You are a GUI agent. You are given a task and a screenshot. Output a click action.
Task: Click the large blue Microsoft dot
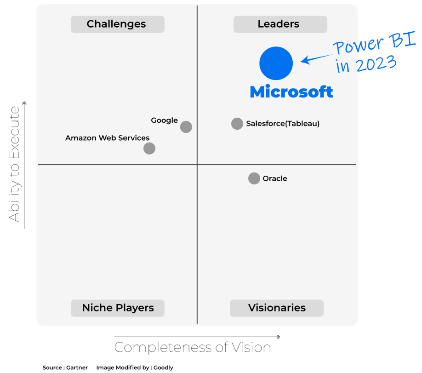(x=276, y=63)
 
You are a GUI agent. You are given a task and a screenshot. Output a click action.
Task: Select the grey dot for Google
(x=186, y=127)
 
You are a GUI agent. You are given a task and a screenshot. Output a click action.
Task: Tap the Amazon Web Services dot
(x=149, y=149)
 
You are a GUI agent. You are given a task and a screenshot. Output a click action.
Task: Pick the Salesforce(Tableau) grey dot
(x=237, y=124)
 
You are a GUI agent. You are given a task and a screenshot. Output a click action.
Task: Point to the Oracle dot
(x=254, y=178)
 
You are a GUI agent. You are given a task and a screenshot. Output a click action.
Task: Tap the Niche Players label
(x=118, y=308)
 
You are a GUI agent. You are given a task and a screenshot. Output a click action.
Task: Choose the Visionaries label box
(x=277, y=308)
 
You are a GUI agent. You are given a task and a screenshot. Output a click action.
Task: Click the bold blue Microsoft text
(x=291, y=92)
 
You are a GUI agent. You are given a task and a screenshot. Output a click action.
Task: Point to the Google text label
(x=164, y=121)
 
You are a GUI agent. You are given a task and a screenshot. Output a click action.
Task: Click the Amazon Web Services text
(x=107, y=138)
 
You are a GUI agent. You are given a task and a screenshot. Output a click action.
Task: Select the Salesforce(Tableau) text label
(x=283, y=124)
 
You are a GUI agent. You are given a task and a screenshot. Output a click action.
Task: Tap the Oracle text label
(x=275, y=178)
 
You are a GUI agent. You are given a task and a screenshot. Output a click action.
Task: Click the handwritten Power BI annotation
(x=374, y=43)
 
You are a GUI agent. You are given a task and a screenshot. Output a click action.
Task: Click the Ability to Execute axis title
(x=14, y=164)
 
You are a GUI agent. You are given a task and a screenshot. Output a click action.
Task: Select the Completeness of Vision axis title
(x=193, y=347)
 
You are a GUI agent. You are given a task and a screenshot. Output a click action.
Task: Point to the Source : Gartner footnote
(x=65, y=367)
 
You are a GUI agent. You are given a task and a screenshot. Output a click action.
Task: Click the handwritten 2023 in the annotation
(x=376, y=63)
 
